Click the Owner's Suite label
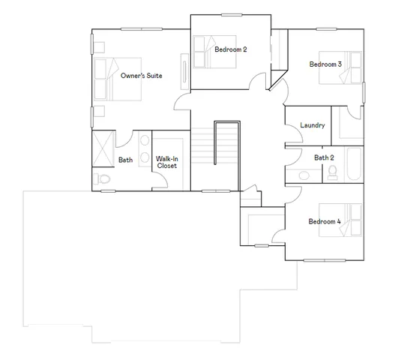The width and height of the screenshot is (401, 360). pyautogui.click(x=142, y=76)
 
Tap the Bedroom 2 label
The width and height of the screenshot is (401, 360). pyautogui.click(x=230, y=49)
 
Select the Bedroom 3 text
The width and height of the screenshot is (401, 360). pyautogui.click(x=325, y=64)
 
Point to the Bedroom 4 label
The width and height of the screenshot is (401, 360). pyautogui.click(x=324, y=221)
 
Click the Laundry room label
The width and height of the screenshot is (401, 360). pyautogui.click(x=312, y=125)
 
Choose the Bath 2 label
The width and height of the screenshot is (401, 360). pyautogui.click(x=323, y=157)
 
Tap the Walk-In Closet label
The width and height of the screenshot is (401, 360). pyautogui.click(x=166, y=162)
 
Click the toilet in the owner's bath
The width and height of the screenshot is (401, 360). pyautogui.click(x=103, y=179)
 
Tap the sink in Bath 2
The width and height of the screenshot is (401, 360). pyautogui.click(x=303, y=175)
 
